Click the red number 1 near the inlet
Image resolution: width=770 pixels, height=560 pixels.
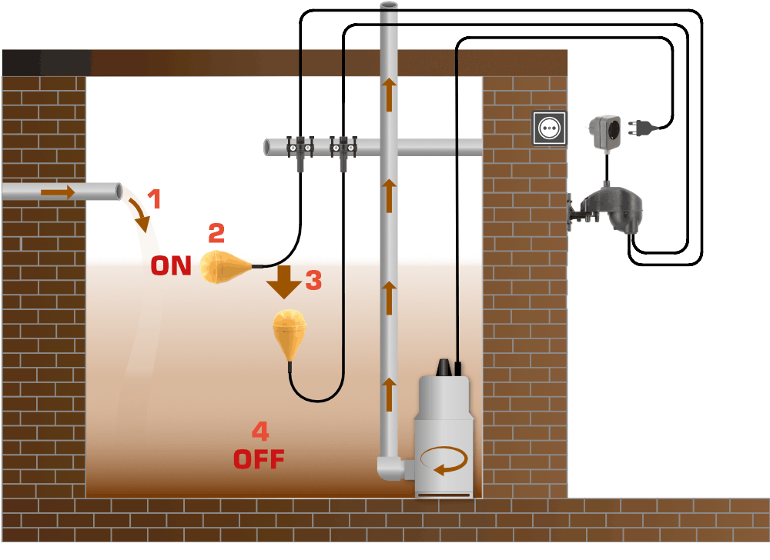pyautogui.click(x=154, y=200)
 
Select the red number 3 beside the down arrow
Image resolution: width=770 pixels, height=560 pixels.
pyautogui.click(x=313, y=281)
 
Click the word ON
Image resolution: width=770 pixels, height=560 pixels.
pyautogui.click(x=171, y=266)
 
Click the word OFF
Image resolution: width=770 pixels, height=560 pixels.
pyautogui.click(x=259, y=459)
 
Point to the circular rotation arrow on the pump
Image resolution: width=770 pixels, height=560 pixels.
pyautogui.click(x=444, y=462)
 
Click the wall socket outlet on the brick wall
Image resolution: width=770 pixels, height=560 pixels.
pyautogui.click(x=549, y=127)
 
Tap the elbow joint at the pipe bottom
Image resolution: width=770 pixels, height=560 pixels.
pyautogui.click(x=390, y=467)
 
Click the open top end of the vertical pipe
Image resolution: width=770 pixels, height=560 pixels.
pyautogui.click(x=390, y=6)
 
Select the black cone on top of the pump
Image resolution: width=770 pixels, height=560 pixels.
pyautogui.click(x=444, y=368)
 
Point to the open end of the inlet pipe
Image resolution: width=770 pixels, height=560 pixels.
pyautogui.click(x=119, y=191)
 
